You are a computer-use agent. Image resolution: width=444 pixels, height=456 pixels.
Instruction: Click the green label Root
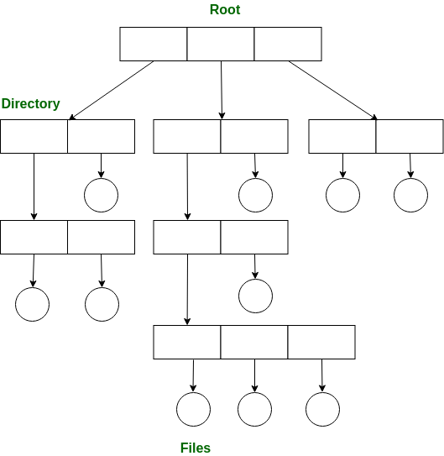[225, 9]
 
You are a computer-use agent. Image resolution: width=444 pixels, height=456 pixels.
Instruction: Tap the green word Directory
[30, 104]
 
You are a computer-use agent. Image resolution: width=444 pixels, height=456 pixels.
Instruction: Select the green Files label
[196, 448]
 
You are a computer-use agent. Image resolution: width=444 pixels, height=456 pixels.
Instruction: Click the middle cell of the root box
[221, 44]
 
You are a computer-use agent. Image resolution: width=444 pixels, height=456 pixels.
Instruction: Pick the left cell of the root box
[154, 44]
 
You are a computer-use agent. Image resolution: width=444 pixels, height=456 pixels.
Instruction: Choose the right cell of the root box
[288, 44]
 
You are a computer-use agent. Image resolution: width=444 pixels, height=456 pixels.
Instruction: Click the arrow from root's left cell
[111, 90]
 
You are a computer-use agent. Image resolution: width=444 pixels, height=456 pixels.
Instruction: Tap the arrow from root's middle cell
[222, 90]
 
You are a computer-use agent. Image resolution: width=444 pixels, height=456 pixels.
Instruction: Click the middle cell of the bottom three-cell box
[254, 342]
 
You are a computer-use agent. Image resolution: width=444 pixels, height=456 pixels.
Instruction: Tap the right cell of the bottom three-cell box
[321, 342]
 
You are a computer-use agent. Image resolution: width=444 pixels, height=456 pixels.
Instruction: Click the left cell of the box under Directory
[34, 136]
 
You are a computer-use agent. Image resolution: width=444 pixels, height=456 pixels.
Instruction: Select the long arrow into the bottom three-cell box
[187, 290]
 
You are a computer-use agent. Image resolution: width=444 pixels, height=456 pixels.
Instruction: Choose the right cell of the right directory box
[410, 136]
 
